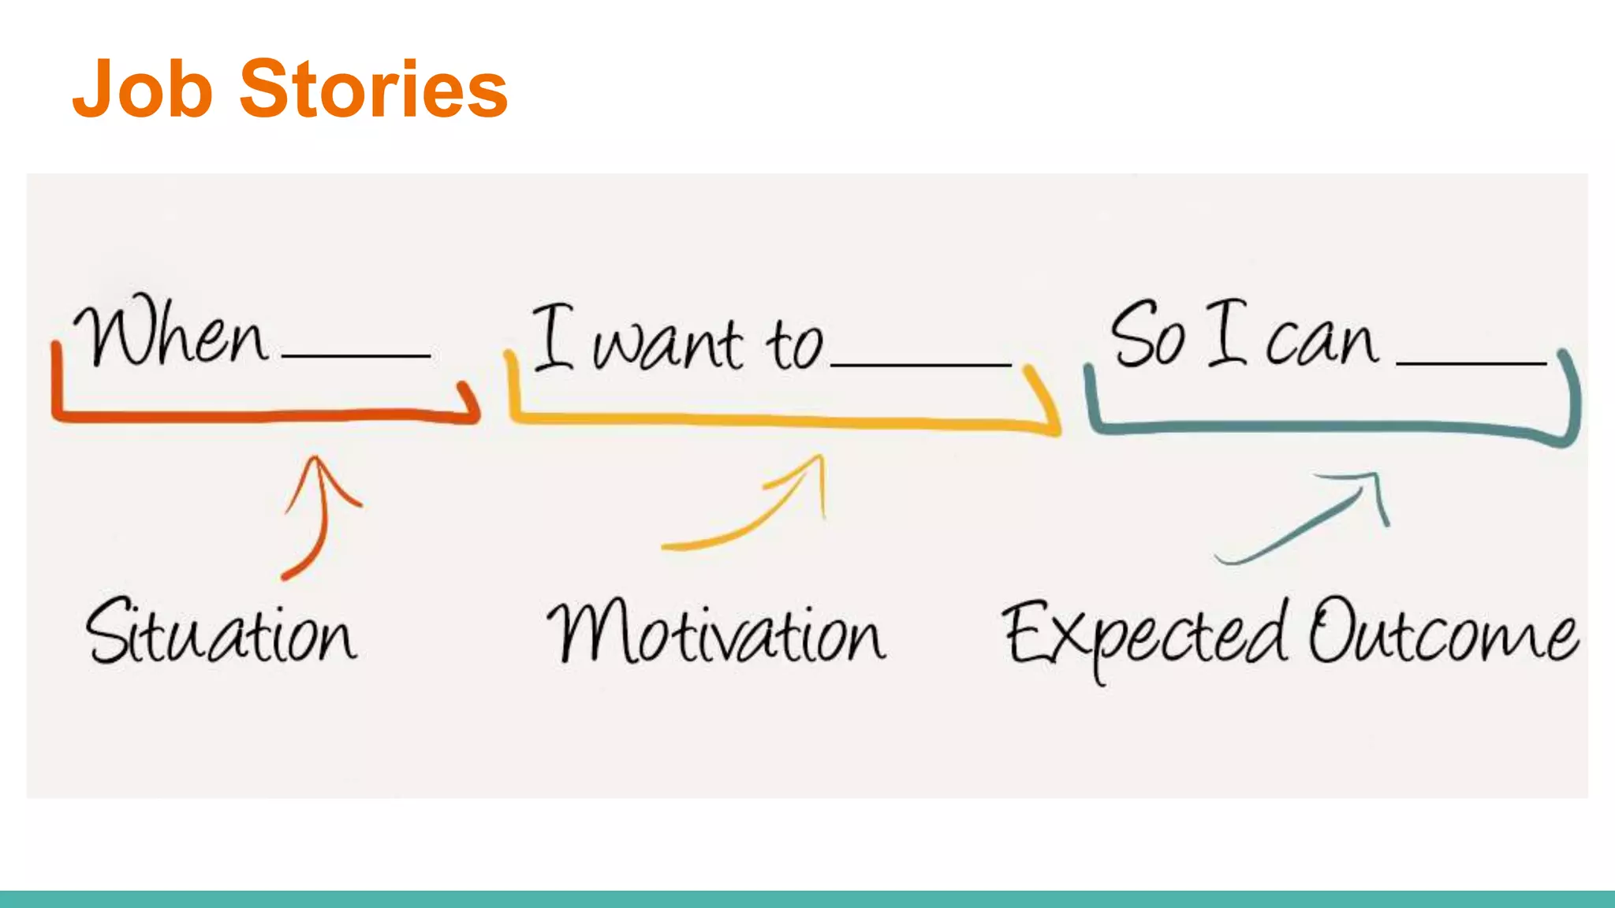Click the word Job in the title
pos(143,90)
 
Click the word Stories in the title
pos(373,90)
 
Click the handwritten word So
pos(1147,335)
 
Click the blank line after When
pos(356,356)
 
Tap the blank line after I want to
pos(920,365)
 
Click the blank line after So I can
pos(1471,363)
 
